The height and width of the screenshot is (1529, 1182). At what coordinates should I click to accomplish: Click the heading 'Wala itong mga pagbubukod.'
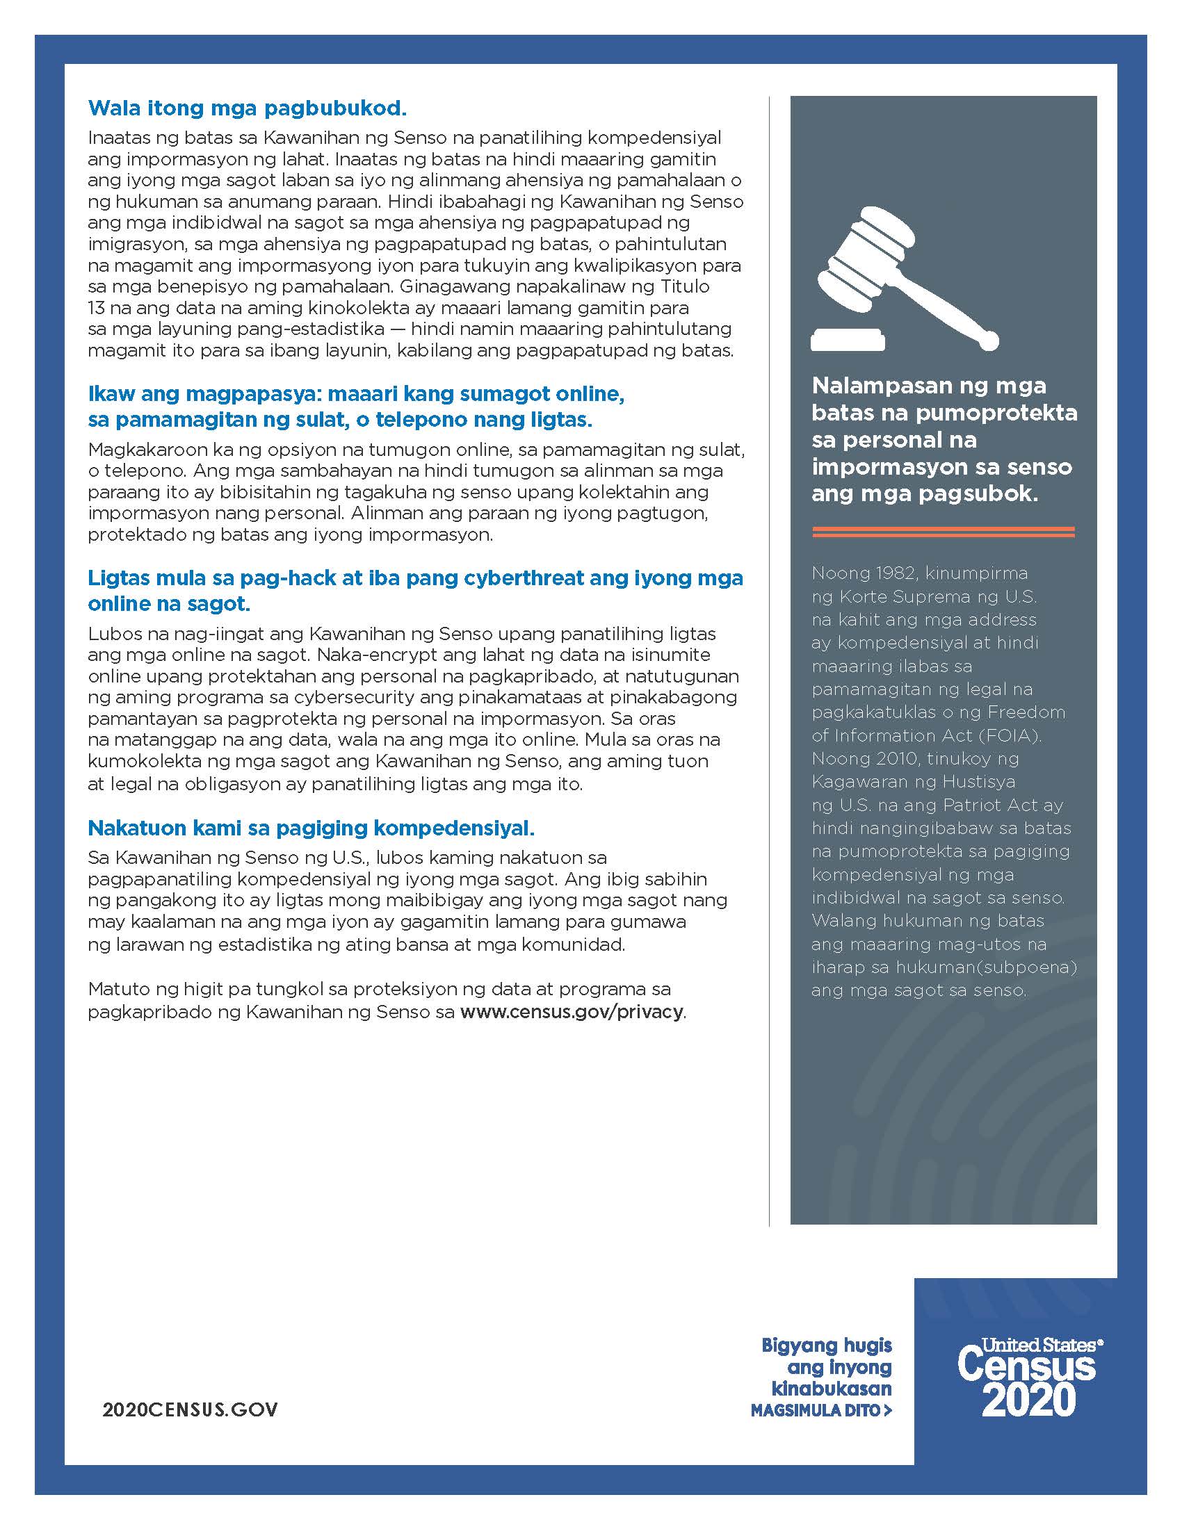[x=248, y=108]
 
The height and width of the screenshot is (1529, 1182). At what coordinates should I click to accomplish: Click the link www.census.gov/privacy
[x=572, y=1012]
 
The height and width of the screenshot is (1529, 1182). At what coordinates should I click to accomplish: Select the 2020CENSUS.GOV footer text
[x=190, y=1409]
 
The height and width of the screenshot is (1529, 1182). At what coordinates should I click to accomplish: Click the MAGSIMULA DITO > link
[x=820, y=1411]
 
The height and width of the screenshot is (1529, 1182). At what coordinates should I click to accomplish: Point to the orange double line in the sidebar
[x=943, y=532]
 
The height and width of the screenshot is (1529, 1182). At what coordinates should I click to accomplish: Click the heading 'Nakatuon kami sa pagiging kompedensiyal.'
[x=311, y=828]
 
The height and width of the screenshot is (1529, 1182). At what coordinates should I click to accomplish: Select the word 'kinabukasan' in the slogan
[x=831, y=1389]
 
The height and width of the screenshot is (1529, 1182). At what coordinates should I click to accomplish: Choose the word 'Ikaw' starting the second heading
[x=112, y=394]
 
